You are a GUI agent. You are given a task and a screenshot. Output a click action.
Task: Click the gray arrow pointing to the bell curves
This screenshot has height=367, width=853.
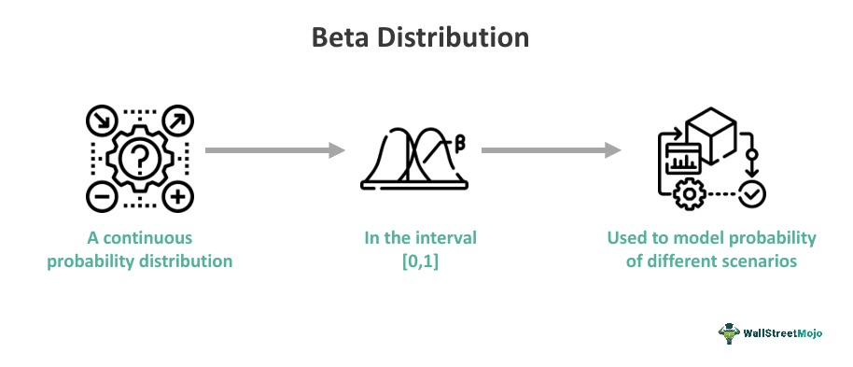(x=270, y=149)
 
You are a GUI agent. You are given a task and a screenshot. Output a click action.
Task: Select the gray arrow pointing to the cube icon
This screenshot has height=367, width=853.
(x=551, y=149)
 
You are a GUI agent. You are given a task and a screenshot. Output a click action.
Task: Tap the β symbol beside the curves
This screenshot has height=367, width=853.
(x=459, y=142)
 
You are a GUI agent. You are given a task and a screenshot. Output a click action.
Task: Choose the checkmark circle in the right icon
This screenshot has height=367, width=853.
(x=751, y=194)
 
